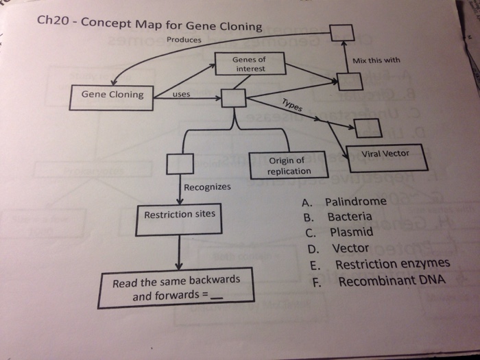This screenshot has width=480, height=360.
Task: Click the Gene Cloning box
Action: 112,95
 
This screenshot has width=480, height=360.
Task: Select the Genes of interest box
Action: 250,64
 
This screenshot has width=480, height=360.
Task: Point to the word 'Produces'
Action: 184,40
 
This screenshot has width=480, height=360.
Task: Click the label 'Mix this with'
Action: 376,60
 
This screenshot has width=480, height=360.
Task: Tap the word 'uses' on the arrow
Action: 182,93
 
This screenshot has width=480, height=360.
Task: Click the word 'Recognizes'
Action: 207,187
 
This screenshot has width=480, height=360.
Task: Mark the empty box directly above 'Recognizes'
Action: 179,165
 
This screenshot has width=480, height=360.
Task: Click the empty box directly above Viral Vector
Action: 367,127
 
